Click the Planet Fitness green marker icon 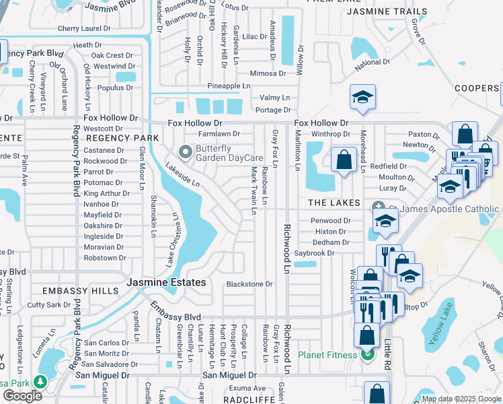pos(367,354)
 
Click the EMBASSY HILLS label pos(80,291)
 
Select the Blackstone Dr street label pos(249,284)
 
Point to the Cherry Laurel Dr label pos(87,28)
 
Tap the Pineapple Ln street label pos(229,86)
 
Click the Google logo pos(22,396)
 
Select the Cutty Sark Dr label pos(48,305)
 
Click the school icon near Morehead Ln pos(362,98)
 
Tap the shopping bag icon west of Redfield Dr pos(344,161)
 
